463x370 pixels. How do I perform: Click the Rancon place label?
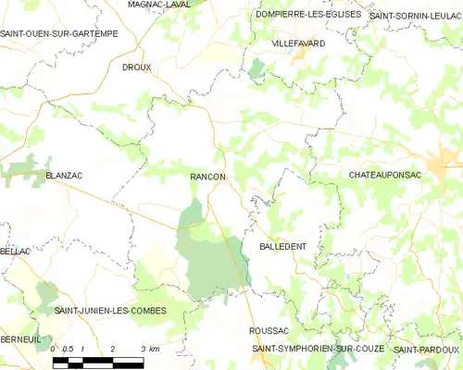[207, 176]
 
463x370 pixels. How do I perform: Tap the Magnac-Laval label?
[158, 5]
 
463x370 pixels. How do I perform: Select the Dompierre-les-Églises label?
[307, 14]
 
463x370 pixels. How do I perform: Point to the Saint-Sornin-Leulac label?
[416, 16]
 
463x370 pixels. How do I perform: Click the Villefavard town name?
[296, 43]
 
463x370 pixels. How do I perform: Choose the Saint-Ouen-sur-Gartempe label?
[46, 33]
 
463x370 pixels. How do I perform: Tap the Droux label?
[136, 68]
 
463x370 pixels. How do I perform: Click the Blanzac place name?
[64, 174]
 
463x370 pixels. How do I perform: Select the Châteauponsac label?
[387, 175]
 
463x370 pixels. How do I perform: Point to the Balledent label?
[283, 247]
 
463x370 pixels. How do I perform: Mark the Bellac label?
[16, 252]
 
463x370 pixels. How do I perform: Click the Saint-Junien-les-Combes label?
[110, 311]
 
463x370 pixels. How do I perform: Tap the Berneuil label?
[20, 339]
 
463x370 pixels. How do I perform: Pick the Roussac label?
[269, 330]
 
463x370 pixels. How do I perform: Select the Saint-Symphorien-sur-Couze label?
[319, 349]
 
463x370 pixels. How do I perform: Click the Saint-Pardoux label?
[426, 349]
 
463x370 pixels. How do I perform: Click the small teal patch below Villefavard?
[257, 68]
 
